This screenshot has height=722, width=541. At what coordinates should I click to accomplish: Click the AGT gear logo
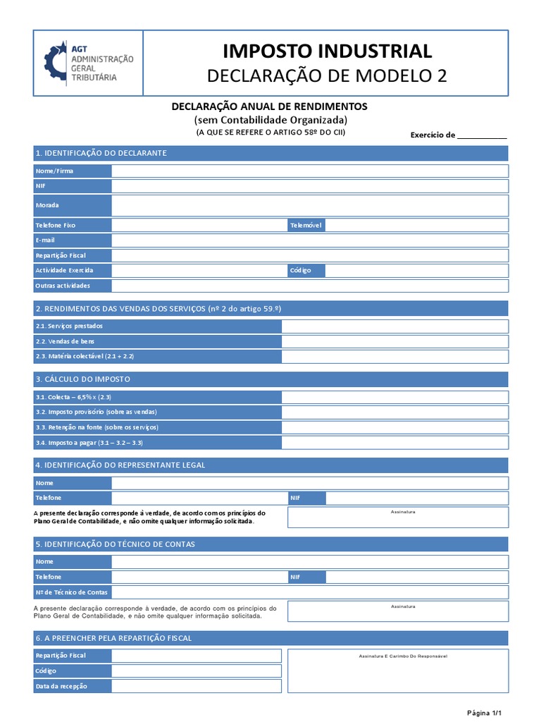pyautogui.click(x=56, y=63)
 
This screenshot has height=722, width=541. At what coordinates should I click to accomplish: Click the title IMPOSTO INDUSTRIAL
pyautogui.click(x=327, y=51)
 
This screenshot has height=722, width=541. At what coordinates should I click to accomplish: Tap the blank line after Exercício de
pyautogui.click(x=482, y=135)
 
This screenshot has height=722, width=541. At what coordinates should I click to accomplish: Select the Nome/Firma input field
pyautogui.click(x=309, y=171)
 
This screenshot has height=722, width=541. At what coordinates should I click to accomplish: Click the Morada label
pyautogui.click(x=48, y=205)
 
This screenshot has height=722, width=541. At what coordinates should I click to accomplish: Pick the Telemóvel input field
pyautogui.click(x=416, y=226)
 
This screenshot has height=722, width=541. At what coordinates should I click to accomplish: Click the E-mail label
pyautogui.click(x=46, y=240)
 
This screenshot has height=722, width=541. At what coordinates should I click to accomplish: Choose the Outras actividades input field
pyautogui.click(x=309, y=286)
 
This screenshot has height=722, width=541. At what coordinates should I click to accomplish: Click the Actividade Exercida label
pyautogui.click(x=63, y=270)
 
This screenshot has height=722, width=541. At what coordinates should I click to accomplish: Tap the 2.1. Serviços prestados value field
pyautogui.click(x=394, y=326)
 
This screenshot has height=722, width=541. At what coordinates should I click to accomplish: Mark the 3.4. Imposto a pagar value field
pyautogui.click(x=394, y=442)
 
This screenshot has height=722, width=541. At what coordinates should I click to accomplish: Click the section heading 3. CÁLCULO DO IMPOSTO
pyautogui.click(x=83, y=379)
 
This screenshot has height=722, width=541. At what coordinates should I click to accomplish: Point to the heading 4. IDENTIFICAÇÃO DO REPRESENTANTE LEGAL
pyautogui.click(x=120, y=465)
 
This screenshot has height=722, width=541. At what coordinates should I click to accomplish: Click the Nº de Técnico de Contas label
pyautogui.click(x=71, y=592)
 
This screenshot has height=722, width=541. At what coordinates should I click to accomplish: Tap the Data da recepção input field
pyautogui.click(x=196, y=686)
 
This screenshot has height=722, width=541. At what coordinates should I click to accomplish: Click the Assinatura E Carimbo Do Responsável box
pyautogui.click(x=398, y=671)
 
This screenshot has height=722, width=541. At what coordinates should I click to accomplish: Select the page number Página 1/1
pyautogui.click(x=484, y=712)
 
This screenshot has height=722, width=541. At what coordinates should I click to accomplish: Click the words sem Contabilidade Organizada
pyautogui.click(x=270, y=120)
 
